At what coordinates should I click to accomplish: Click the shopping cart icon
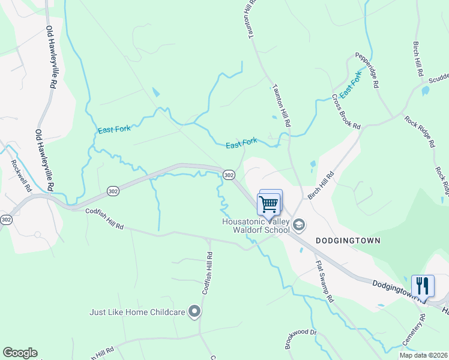tap(270, 203)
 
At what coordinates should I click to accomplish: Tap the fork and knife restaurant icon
tap(423, 286)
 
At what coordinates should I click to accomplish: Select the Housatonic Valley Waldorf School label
tap(256, 226)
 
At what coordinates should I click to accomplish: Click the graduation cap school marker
tap(299, 225)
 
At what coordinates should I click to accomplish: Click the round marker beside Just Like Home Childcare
tap(194, 311)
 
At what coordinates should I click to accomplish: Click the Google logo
tap(20, 353)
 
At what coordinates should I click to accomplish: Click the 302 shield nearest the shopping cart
tap(229, 174)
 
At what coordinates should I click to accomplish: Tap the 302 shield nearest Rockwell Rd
tap(6, 220)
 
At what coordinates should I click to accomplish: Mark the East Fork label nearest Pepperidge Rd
tap(351, 86)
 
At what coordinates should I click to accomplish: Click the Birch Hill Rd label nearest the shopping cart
tap(321, 187)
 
